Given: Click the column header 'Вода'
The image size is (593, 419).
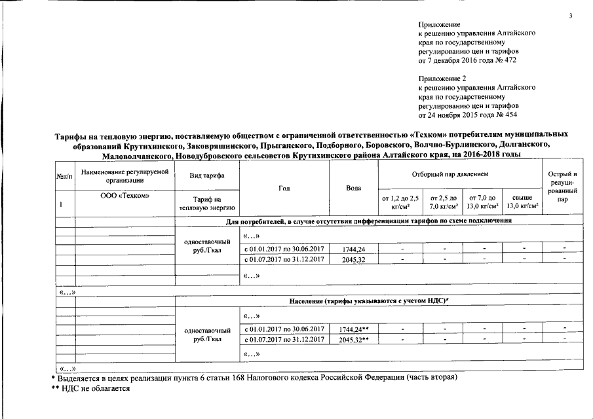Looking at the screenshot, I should [x=354, y=188].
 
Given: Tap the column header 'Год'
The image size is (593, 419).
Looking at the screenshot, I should [x=284, y=188].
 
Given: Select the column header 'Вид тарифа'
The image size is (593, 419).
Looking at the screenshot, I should [x=207, y=176].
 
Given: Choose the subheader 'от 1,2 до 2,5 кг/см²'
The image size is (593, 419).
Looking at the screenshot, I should [x=400, y=201].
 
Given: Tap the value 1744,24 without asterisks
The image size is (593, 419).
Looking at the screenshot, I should [x=354, y=249].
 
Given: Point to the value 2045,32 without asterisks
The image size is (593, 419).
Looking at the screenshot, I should [x=354, y=259].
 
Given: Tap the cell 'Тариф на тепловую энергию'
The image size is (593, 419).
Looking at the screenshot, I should [x=207, y=204].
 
